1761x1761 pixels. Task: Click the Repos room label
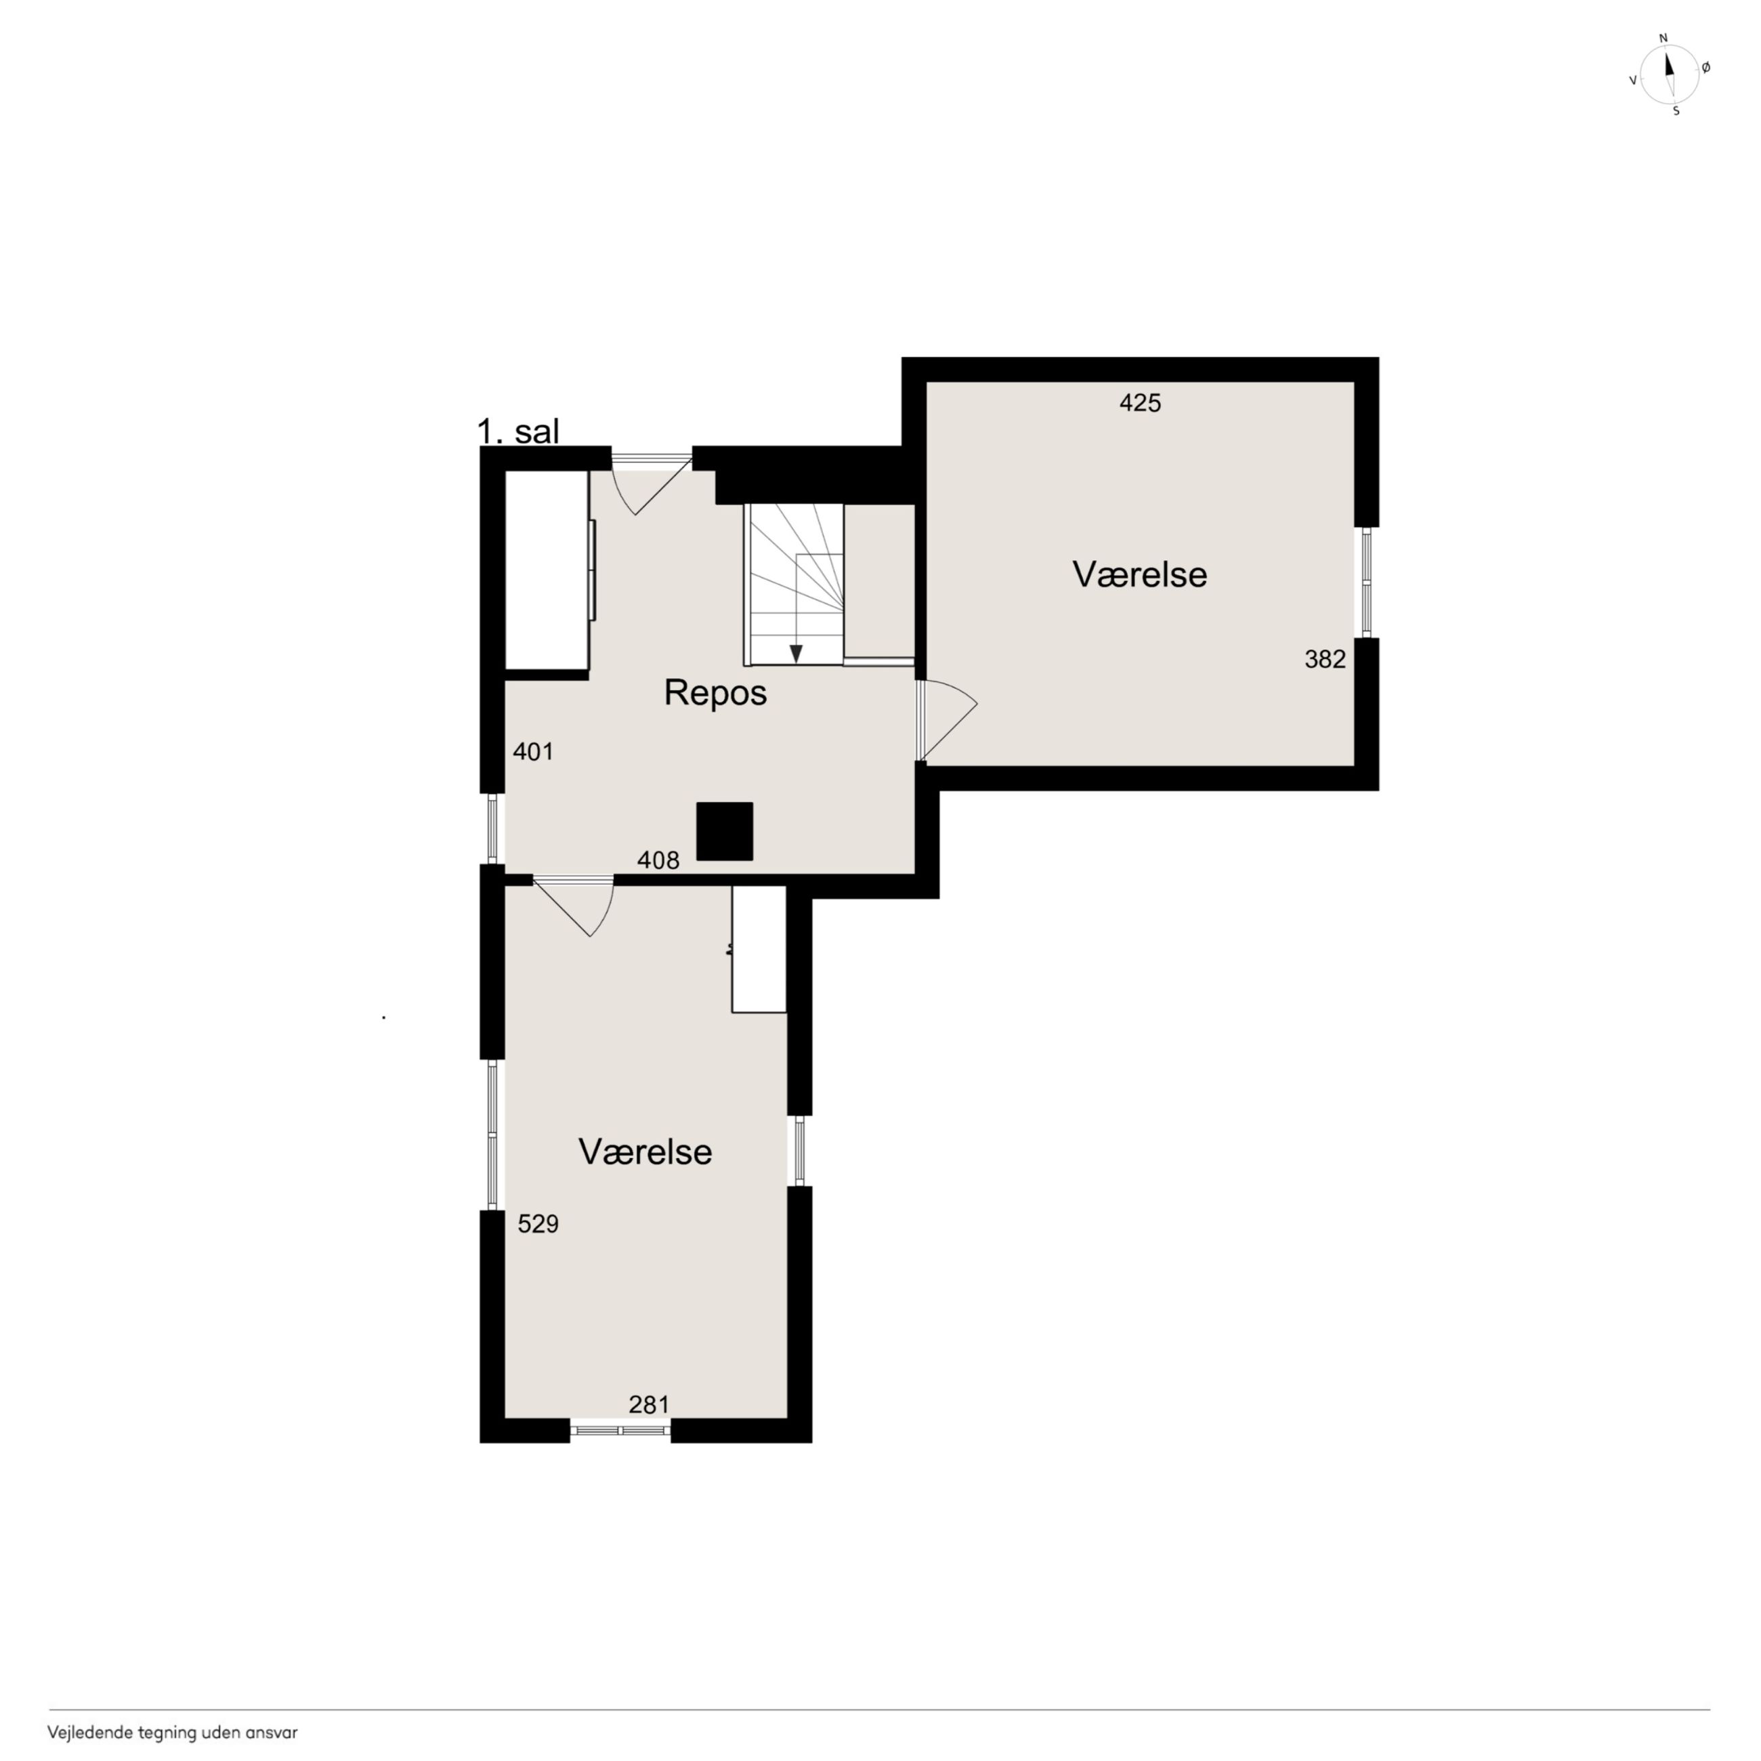pyautogui.click(x=715, y=693)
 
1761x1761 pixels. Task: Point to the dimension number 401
pyautogui.click(x=533, y=751)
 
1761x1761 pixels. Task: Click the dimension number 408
pyautogui.click(x=658, y=860)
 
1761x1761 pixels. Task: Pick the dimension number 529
pyautogui.click(x=538, y=1223)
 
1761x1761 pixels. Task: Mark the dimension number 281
pyautogui.click(x=649, y=1405)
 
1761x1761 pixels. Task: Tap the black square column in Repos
pyautogui.click(x=725, y=831)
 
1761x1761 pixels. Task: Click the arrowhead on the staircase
pyautogui.click(x=796, y=654)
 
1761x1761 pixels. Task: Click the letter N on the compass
pyautogui.click(x=1663, y=39)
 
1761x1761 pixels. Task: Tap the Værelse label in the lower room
pyautogui.click(x=645, y=1151)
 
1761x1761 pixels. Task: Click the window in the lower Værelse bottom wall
pyautogui.click(x=620, y=1430)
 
